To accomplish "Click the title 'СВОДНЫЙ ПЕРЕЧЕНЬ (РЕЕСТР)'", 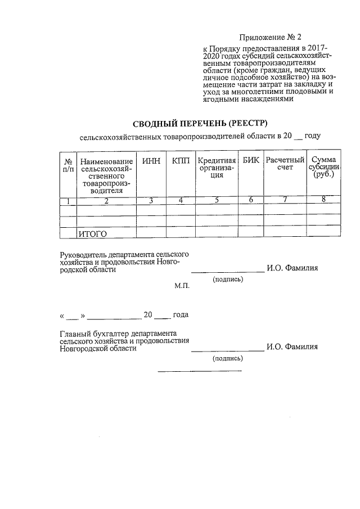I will click(201, 123).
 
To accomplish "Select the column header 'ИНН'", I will click(151, 161).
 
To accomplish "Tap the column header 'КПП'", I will click(181, 161).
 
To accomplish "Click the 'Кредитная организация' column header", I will click(217, 168).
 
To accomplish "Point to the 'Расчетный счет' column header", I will click(285, 164).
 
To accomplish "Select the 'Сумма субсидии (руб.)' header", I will click(323, 167).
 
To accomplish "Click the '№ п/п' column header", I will click(67, 164).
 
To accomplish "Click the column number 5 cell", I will click(217, 200).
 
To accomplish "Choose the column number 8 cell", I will click(323, 199).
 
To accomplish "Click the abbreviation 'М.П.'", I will click(182, 286).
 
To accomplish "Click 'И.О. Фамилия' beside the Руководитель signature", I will click(292, 268).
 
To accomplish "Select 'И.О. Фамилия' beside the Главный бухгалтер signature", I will click(292, 346).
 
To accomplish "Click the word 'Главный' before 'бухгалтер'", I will click(75, 333).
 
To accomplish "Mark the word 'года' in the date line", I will click(181, 314).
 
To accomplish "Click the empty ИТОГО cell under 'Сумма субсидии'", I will click(323, 233).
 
